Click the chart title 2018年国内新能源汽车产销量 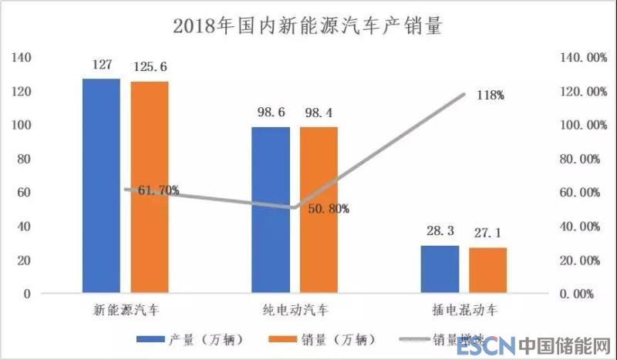coord(308,25)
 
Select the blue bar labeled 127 coord(102,186)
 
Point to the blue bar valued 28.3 coord(440,269)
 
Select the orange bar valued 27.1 coord(487,271)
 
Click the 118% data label coord(490,96)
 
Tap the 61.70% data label coord(158,190)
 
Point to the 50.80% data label coord(328,208)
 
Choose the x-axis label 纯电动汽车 coord(294,311)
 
